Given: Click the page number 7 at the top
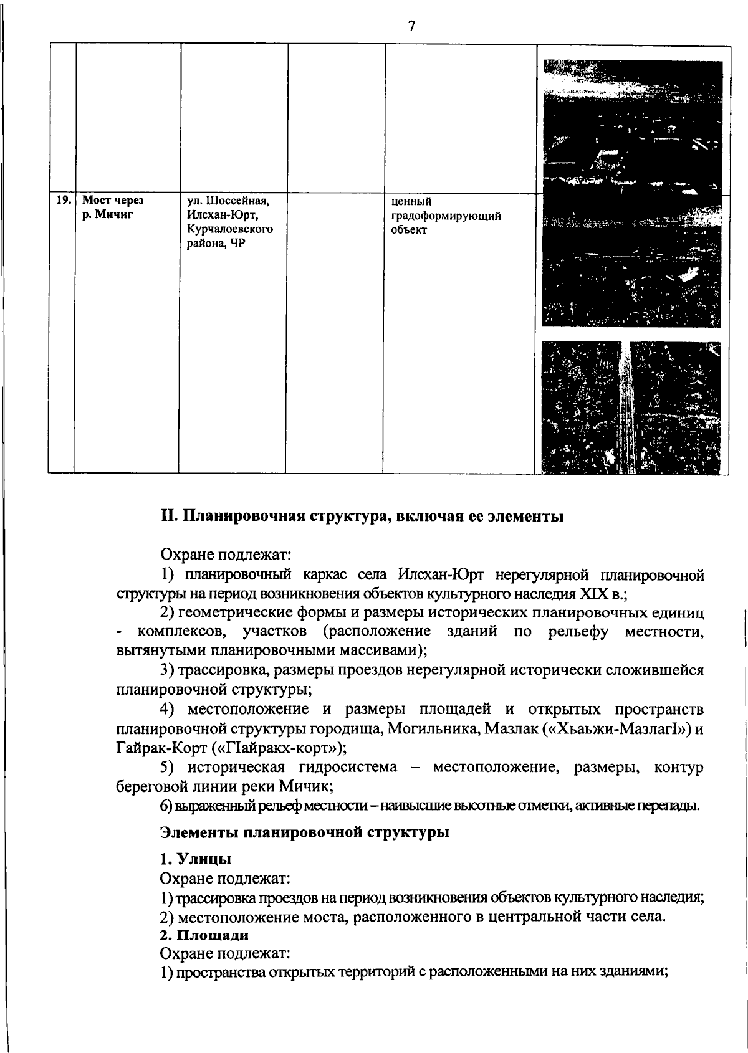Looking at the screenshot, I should click(411, 26).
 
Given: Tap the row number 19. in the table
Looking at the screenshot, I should click(62, 201).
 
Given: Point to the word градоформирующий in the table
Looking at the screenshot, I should click(446, 216).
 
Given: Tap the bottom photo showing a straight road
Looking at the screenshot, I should click(631, 407).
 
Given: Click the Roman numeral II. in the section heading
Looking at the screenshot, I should click(170, 517).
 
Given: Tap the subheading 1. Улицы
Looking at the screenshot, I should click(195, 859).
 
